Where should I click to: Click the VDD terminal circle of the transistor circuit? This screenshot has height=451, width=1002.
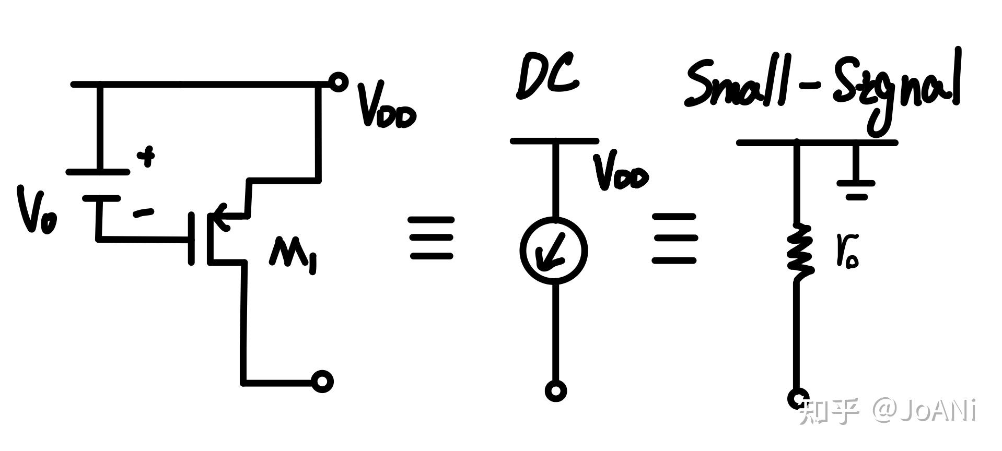[339, 82]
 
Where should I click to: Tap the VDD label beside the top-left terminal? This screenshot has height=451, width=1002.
[386, 106]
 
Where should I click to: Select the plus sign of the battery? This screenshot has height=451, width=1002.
[147, 156]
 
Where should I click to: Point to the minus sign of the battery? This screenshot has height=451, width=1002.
[143, 212]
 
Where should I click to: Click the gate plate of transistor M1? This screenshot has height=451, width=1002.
[192, 238]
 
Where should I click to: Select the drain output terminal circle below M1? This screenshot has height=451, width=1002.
[322, 382]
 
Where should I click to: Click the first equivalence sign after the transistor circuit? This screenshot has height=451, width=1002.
[431, 238]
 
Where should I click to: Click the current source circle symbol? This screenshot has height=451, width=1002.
[554, 251]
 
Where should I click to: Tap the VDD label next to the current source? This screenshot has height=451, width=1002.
[621, 172]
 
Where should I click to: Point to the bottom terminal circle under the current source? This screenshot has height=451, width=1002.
[555, 390]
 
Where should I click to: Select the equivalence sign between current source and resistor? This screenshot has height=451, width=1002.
[674, 238]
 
